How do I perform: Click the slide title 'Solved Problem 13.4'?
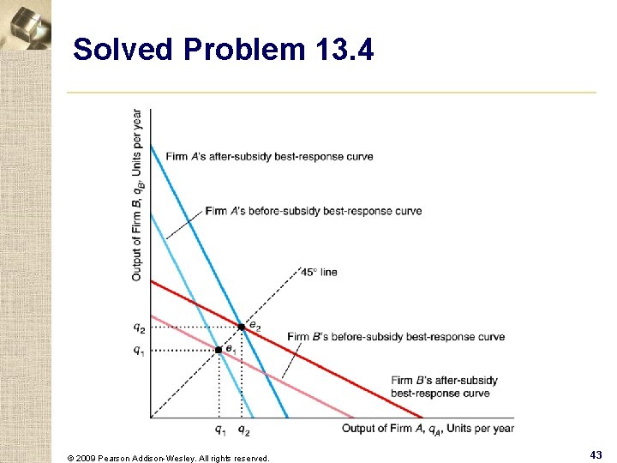pyautogui.click(x=223, y=50)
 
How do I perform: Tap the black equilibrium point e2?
pyautogui.click(x=242, y=327)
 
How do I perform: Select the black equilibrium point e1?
pyautogui.click(x=219, y=350)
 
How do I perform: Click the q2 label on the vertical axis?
pyautogui.click(x=139, y=327)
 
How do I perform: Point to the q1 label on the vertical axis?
pyautogui.click(x=139, y=350)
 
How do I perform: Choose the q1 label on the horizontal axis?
pyautogui.click(x=220, y=429)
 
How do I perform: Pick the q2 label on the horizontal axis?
pyautogui.click(x=243, y=429)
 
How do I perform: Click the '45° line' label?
pyautogui.click(x=319, y=272)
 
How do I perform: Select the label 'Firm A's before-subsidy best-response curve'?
pyautogui.click(x=313, y=211)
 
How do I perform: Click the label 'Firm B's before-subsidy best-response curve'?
pyautogui.click(x=396, y=337)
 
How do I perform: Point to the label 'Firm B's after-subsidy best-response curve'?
pyautogui.click(x=444, y=387)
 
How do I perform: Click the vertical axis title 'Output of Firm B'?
pyautogui.click(x=137, y=195)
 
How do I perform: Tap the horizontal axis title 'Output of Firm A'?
pyautogui.click(x=428, y=429)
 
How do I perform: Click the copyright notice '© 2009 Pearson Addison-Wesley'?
pyautogui.click(x=168, y=458)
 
